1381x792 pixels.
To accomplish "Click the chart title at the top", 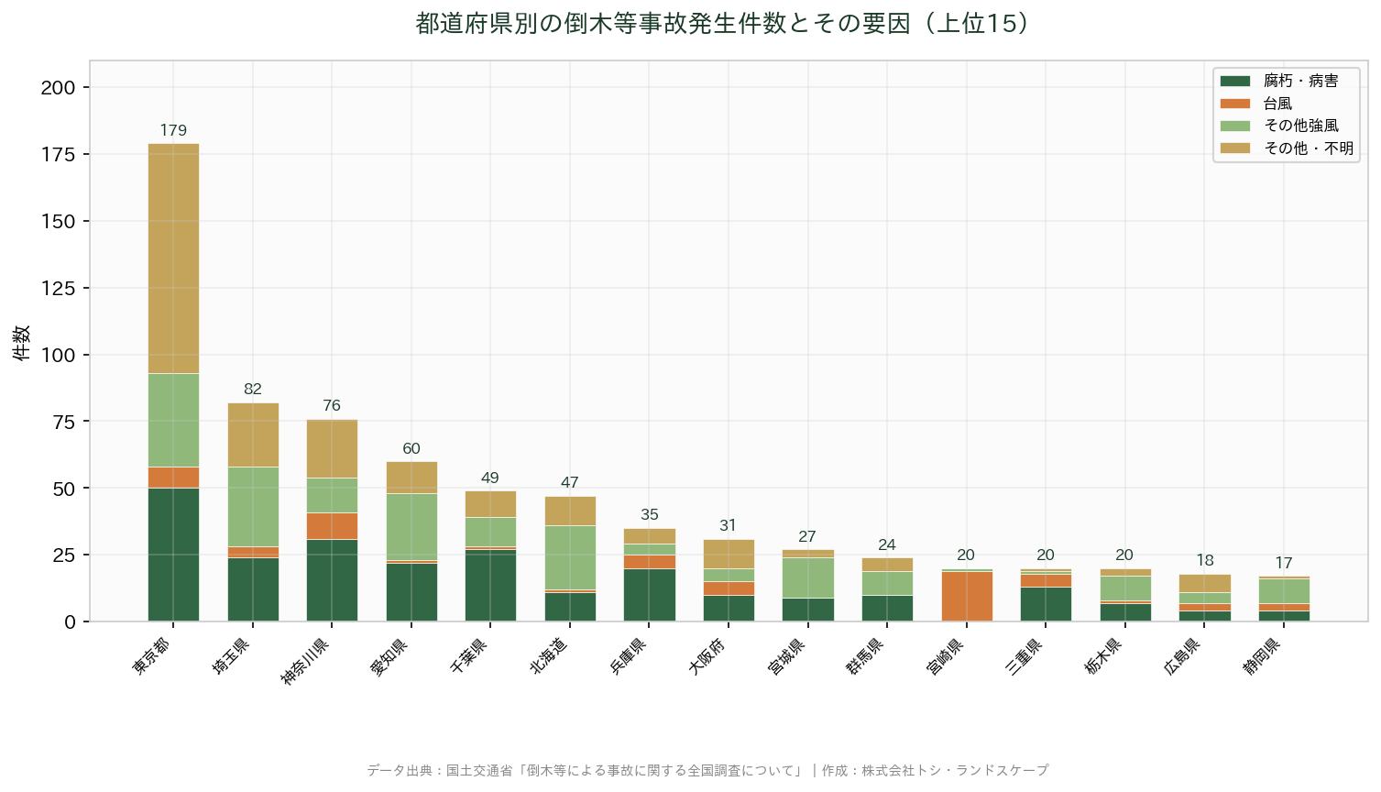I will tap(723, 23).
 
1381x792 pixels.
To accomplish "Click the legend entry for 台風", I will tap(1277, 104).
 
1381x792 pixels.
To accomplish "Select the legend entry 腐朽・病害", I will tap(1300, 81).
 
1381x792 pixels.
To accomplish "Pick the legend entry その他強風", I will tap(1300, 126).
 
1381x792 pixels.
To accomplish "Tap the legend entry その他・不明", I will tap(1308, 148).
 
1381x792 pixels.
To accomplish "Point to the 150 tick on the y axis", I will tap(59, 221).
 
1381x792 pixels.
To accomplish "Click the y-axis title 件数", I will tap(21, 342).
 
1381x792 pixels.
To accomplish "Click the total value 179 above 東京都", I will tap(173, 130).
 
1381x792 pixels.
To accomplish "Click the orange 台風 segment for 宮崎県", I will tap(966, 596).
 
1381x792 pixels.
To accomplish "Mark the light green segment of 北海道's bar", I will tap(570, 557).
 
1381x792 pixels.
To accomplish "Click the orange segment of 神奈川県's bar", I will tap(332, 526).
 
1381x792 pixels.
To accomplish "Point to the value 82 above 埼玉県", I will tap(253, 390).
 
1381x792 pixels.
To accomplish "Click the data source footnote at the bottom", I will tap(707, 770).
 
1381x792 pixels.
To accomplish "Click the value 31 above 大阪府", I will tap(728, 525).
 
